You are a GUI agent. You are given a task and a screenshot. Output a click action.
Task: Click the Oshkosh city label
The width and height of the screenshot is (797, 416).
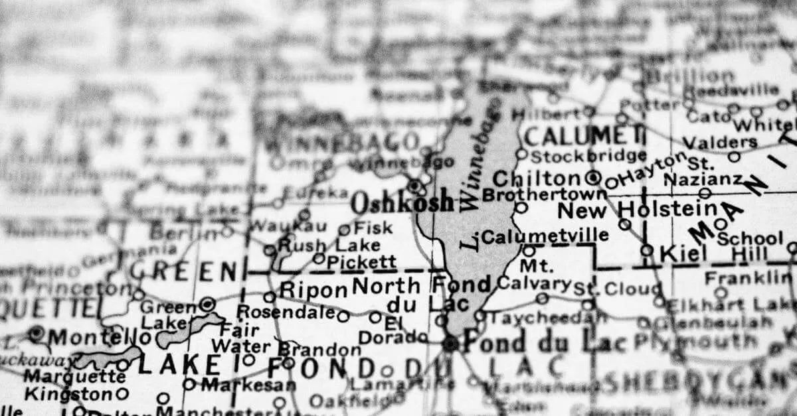click(402, 202)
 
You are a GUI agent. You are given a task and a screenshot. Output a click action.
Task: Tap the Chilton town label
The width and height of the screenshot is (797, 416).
click(536, 178)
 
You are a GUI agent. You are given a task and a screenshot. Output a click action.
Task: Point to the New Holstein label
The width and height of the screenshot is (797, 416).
click(636, 210)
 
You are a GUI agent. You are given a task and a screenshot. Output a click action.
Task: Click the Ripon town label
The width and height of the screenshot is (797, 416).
click(313, 291)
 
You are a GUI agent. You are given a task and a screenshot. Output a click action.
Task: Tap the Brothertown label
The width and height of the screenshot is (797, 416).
click(544, 194)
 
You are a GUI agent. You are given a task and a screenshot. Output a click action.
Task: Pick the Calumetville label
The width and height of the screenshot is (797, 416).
click(545, 236)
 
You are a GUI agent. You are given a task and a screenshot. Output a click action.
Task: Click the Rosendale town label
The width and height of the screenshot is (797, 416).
click(285, 311)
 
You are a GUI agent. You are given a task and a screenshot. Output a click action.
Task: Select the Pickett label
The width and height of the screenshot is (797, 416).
click(361, 261)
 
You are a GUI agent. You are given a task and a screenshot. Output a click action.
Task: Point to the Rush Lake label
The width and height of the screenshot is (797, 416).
click(311, 245)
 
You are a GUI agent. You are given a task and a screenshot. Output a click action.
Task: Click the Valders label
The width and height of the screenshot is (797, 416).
click(720, 142)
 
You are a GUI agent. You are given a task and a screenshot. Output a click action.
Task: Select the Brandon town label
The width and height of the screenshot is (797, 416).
click(319, 349)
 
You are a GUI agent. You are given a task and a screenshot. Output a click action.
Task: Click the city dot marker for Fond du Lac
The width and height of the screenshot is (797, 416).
click(450, 343)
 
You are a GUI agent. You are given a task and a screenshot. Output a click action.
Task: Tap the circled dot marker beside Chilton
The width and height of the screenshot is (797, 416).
click(593, 178)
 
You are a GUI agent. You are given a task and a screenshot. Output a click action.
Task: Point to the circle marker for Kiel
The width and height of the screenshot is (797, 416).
click(647, 250)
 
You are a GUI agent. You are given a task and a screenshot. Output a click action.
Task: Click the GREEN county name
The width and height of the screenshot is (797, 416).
click(183, 271)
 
